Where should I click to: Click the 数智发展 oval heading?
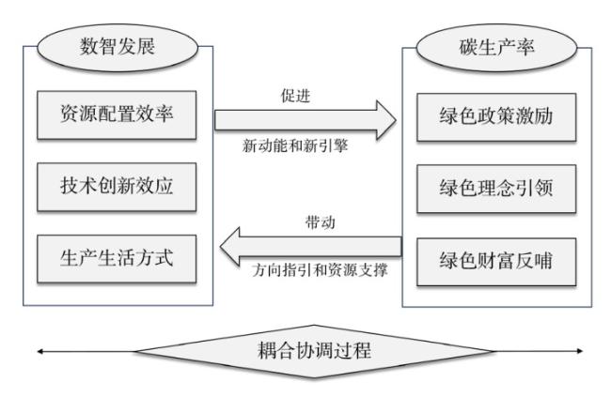pos(117,47)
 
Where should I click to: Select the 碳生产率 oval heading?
pos(496,48)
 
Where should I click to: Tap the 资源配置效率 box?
pos(117,115)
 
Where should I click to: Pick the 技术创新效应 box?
pos(117,187)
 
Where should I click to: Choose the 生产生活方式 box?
pos(117,258)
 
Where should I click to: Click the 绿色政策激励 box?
pos(496,116)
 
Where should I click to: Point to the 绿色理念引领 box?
pos(496,189)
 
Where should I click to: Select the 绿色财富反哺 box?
pos(496,262)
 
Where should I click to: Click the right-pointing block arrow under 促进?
pos(305,120)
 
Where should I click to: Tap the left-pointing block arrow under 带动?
pos(310,247)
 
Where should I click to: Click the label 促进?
pos(296,96)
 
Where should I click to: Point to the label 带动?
pos(321,222)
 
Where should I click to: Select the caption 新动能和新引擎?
pos(295,146)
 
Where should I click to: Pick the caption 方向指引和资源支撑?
pos(320,270)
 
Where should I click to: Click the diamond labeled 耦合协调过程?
pos(315,351)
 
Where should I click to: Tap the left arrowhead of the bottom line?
pos(39,351)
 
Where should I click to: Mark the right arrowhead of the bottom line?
pos(580,351)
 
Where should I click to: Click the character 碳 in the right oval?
pos(468,48)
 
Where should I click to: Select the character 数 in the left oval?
pos(89,47)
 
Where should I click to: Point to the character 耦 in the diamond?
pos(267,350)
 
